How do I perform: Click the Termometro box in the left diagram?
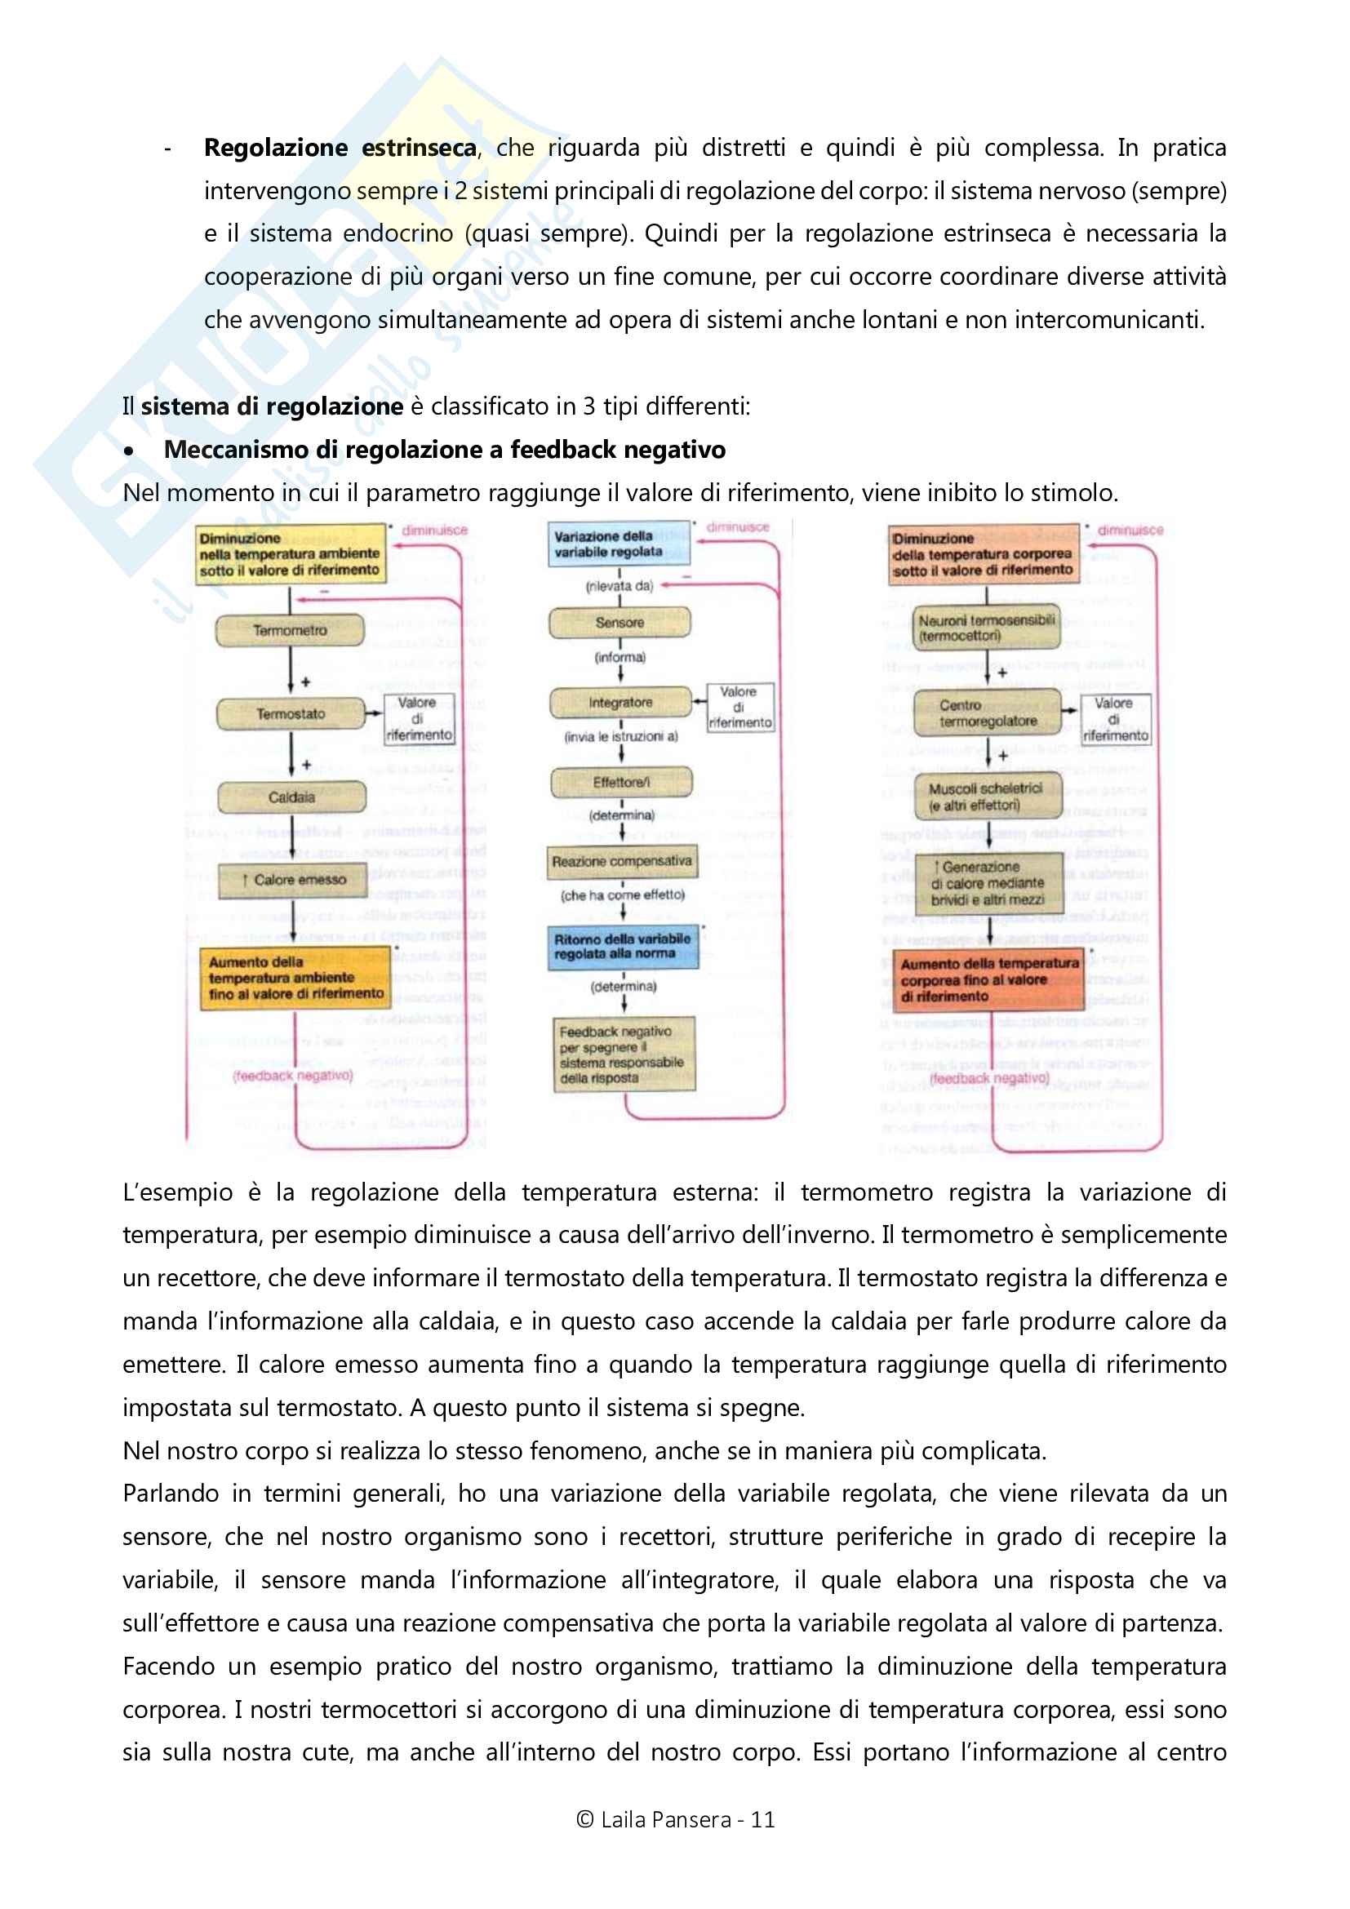coord(289,630)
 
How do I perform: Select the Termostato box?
coord(290,713)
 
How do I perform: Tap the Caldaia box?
coord(291,797)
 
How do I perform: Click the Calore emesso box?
coord(293,880)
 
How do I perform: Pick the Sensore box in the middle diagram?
coord(619,622)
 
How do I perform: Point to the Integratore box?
coord(620,703)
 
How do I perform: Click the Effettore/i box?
coord(621,782)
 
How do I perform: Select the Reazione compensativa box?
coord(622,861)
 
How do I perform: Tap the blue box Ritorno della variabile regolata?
coord(623,947)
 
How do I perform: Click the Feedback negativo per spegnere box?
coord(624,1054)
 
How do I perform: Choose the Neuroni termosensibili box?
coord(986,628)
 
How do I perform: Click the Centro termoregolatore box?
coord(988,713)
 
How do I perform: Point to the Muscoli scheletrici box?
coord(988,797)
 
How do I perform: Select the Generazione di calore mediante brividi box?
coord(988,883)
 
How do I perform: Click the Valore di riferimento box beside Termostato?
coord(418,719)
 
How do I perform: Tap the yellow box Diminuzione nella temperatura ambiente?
coord(290,553)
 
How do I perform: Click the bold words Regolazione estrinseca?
coord(340,148)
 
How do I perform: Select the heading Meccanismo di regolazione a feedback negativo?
coord(444,450)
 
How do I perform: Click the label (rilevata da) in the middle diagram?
coord(619,586)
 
